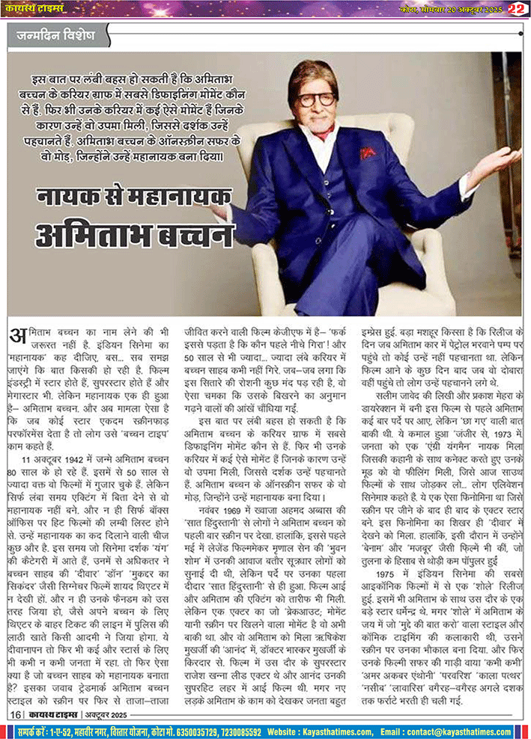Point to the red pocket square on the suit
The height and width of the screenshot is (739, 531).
click(x=368, y=152)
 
